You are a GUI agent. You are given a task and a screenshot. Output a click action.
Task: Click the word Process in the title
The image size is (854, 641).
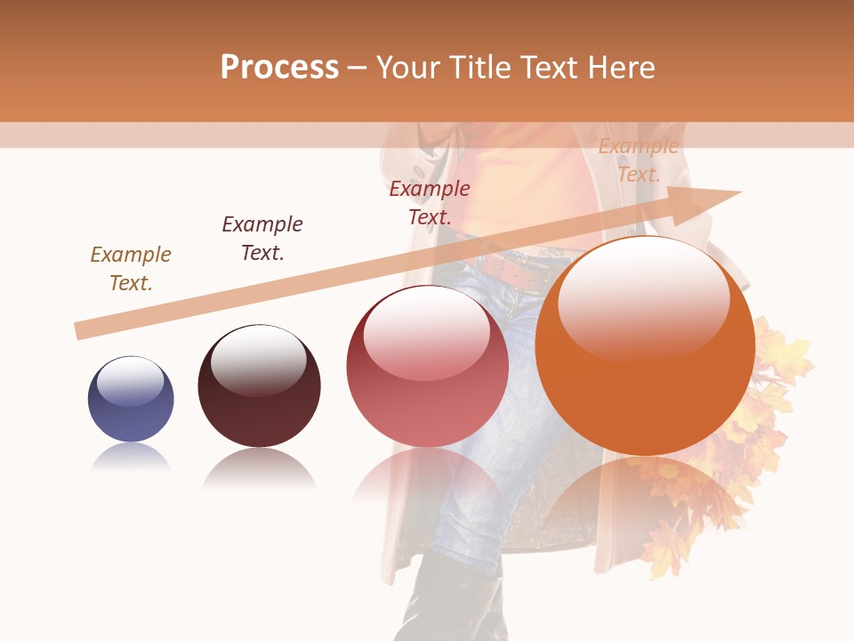click(x=279, y=68)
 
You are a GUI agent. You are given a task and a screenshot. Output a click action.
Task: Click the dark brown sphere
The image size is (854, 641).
click(x=259, y=386)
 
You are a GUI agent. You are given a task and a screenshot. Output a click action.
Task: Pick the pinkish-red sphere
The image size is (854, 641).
click(x=427, y=367)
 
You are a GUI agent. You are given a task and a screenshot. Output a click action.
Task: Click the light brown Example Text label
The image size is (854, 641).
click(x=131, y=269)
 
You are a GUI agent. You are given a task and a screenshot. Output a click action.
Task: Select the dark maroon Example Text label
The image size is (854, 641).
click(x=262, y=239)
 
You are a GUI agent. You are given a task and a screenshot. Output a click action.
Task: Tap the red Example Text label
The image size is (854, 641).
click(x=430, y=203)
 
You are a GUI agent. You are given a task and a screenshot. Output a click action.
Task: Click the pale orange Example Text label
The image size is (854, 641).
click(x=638, y=160)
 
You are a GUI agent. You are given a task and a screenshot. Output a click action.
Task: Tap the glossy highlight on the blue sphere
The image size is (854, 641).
click(x=131, y=381)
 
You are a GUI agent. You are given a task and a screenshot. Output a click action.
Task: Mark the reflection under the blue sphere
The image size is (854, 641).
click(x=131, y=458)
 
